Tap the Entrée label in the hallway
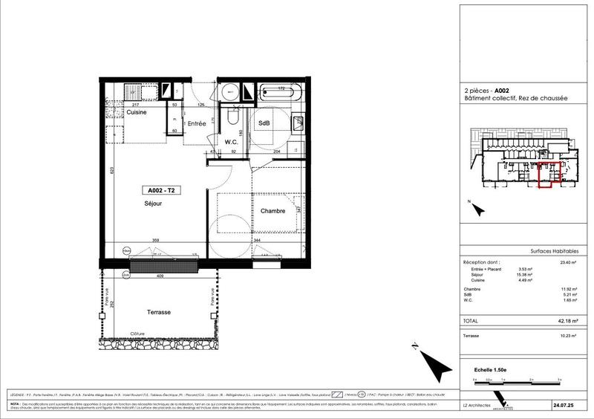click(x=196, y=123)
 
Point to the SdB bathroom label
click(x=264, y=124)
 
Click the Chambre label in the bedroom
click(x=272, y=211)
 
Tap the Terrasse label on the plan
click(x=159, y=312)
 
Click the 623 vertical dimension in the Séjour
click(x=111, y=170)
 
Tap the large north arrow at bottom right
click(x=431, y=361)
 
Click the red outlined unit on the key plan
click(x=546, y=175)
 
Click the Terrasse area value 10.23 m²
click(x=569, y=336)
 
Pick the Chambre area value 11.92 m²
click(x=570, y=290)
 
